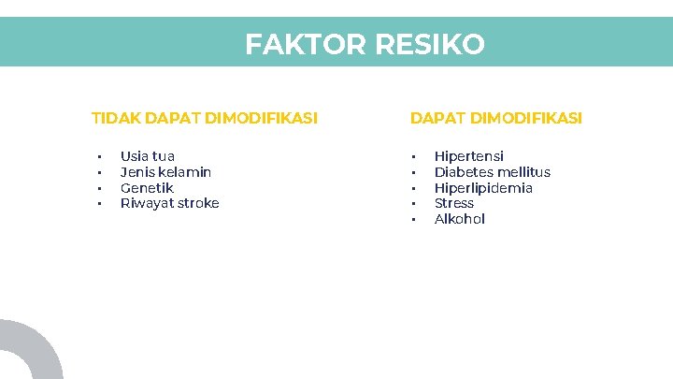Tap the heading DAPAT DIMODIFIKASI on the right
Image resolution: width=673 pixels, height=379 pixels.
pos(496,119)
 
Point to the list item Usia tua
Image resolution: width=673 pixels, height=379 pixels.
pos(148,156)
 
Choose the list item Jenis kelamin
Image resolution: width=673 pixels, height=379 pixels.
pos(166,172)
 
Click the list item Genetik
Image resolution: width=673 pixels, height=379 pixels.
pos(147,188)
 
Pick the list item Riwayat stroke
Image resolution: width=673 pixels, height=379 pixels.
pos(170,203)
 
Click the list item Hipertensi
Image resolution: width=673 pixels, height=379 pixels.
pos(469,156)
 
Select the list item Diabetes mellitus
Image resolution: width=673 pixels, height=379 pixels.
pos(493,172)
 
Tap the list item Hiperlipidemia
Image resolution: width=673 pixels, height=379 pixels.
pos(483,188)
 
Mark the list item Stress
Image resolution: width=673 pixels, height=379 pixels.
pos(454,203)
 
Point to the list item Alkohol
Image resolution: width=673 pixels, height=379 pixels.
pos(460,219)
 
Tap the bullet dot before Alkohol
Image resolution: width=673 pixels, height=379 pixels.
pos(411,220)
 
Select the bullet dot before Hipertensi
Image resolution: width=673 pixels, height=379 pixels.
pos(411,157)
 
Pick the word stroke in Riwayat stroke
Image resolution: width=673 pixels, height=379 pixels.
pos(196,203)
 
